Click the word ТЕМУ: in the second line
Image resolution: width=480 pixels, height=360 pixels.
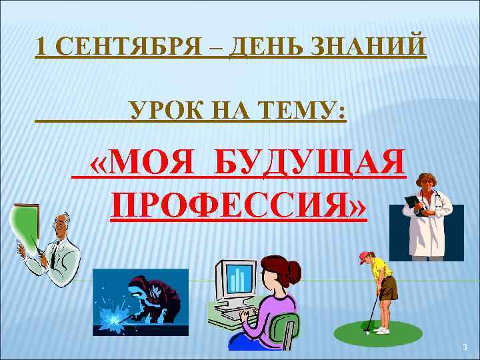(305, 108)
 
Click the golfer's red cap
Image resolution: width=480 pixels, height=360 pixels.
(363, 255)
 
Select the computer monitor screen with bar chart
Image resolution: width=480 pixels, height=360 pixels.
(237, 279)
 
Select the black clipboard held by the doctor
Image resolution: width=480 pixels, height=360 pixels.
(415, 205)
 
